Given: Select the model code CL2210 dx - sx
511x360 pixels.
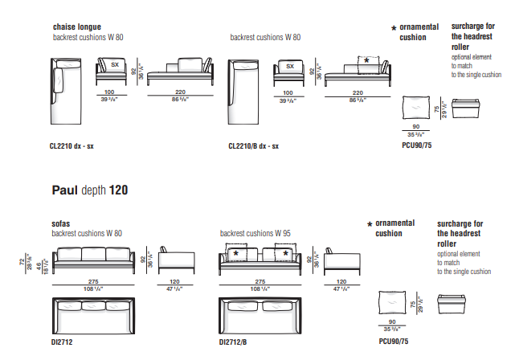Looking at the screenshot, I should pos(72,147).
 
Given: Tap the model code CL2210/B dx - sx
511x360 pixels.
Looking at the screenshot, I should pos(254,147).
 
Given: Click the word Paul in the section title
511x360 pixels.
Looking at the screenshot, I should pos(64,190).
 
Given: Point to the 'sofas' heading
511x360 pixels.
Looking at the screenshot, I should pos(60,223).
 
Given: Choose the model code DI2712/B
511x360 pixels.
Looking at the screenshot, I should pos(235,342).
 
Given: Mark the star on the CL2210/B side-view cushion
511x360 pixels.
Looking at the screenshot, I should pos(367,60).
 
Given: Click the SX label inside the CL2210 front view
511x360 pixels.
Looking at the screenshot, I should pos(114,65).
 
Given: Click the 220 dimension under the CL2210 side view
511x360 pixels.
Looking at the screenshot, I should pos(180,93).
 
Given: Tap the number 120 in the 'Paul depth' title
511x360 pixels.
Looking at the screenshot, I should pos(118,190).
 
